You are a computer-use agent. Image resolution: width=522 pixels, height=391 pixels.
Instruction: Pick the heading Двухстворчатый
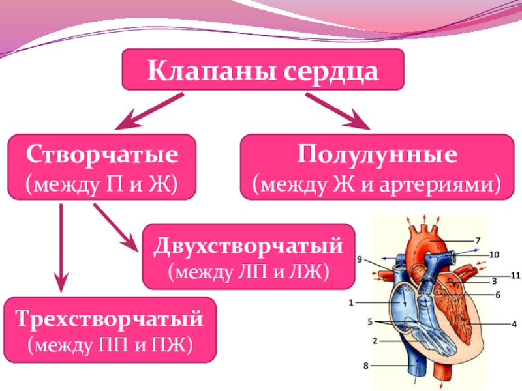click(x=249, y=246)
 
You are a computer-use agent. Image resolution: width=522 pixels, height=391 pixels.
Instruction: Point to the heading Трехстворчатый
click(x=110, y=319)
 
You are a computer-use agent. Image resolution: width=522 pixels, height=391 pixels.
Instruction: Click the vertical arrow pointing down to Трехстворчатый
click(x=61, y=248)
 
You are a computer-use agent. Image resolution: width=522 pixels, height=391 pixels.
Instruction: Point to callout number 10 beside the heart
click(x=494, y=254)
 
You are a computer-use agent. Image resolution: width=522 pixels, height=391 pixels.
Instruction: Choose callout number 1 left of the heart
click(x=351, y=302)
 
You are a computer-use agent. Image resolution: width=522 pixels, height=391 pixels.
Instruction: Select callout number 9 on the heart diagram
click(x=359, y=259)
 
